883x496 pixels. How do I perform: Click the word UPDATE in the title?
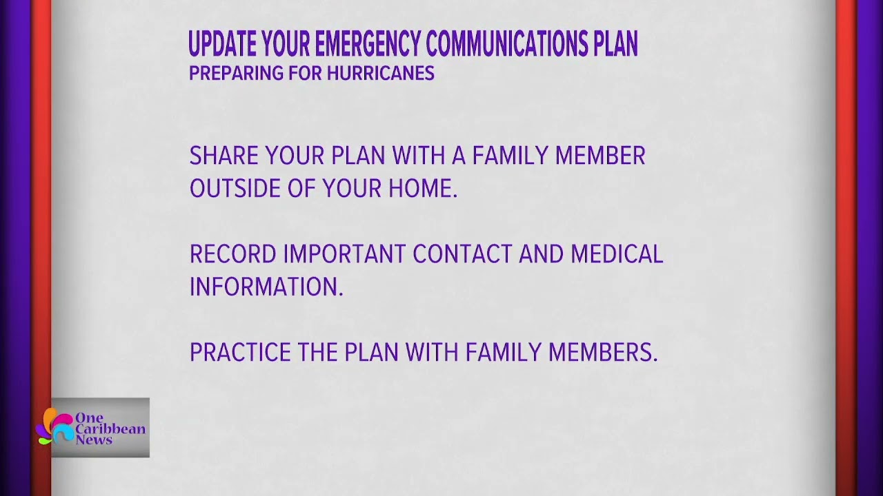(222, 45)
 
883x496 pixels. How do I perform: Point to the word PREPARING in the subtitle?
(226, 74)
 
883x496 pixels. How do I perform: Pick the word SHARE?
(224, 156)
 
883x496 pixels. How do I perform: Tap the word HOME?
(422, 189)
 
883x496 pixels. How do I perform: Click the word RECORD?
(232, 254)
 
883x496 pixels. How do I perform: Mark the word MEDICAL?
(617, 254)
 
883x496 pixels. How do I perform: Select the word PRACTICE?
(240, 353)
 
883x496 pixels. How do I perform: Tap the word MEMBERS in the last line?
(603, 353)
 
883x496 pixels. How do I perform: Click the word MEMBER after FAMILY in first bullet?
(600, 156)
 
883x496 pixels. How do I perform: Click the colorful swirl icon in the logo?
(55, 426)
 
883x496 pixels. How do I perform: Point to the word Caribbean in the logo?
(110, 429)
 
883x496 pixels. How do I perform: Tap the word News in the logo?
(94, 440)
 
